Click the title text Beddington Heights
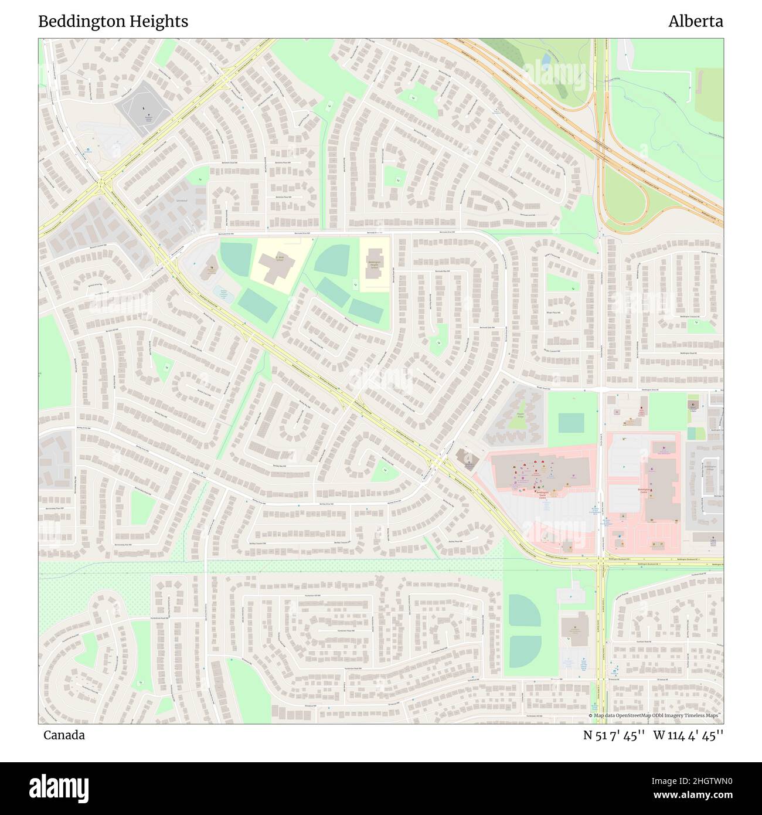coord(113,22)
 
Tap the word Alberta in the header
coord(695,22)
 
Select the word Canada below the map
coord(63,735)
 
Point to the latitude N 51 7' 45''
coord(614,735)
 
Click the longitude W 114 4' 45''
coord(689,735)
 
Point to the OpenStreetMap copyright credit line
coord(654,715)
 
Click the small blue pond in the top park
coord(546,59)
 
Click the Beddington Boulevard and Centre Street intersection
coord(601,561)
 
